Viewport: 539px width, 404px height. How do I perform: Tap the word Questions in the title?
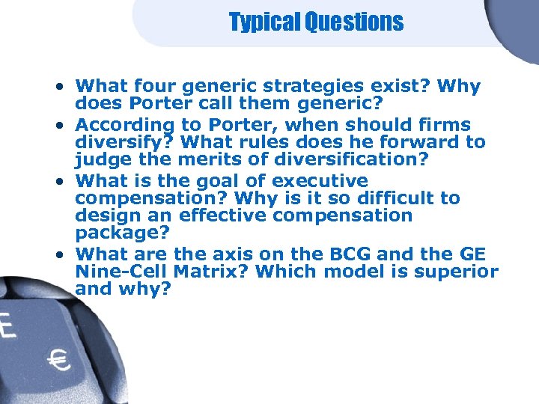tap(354, 22)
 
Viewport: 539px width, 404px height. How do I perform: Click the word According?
tap(126, 125)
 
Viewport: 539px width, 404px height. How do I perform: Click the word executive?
tap(320, 181)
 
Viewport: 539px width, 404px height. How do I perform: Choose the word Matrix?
tap(205, 271)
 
